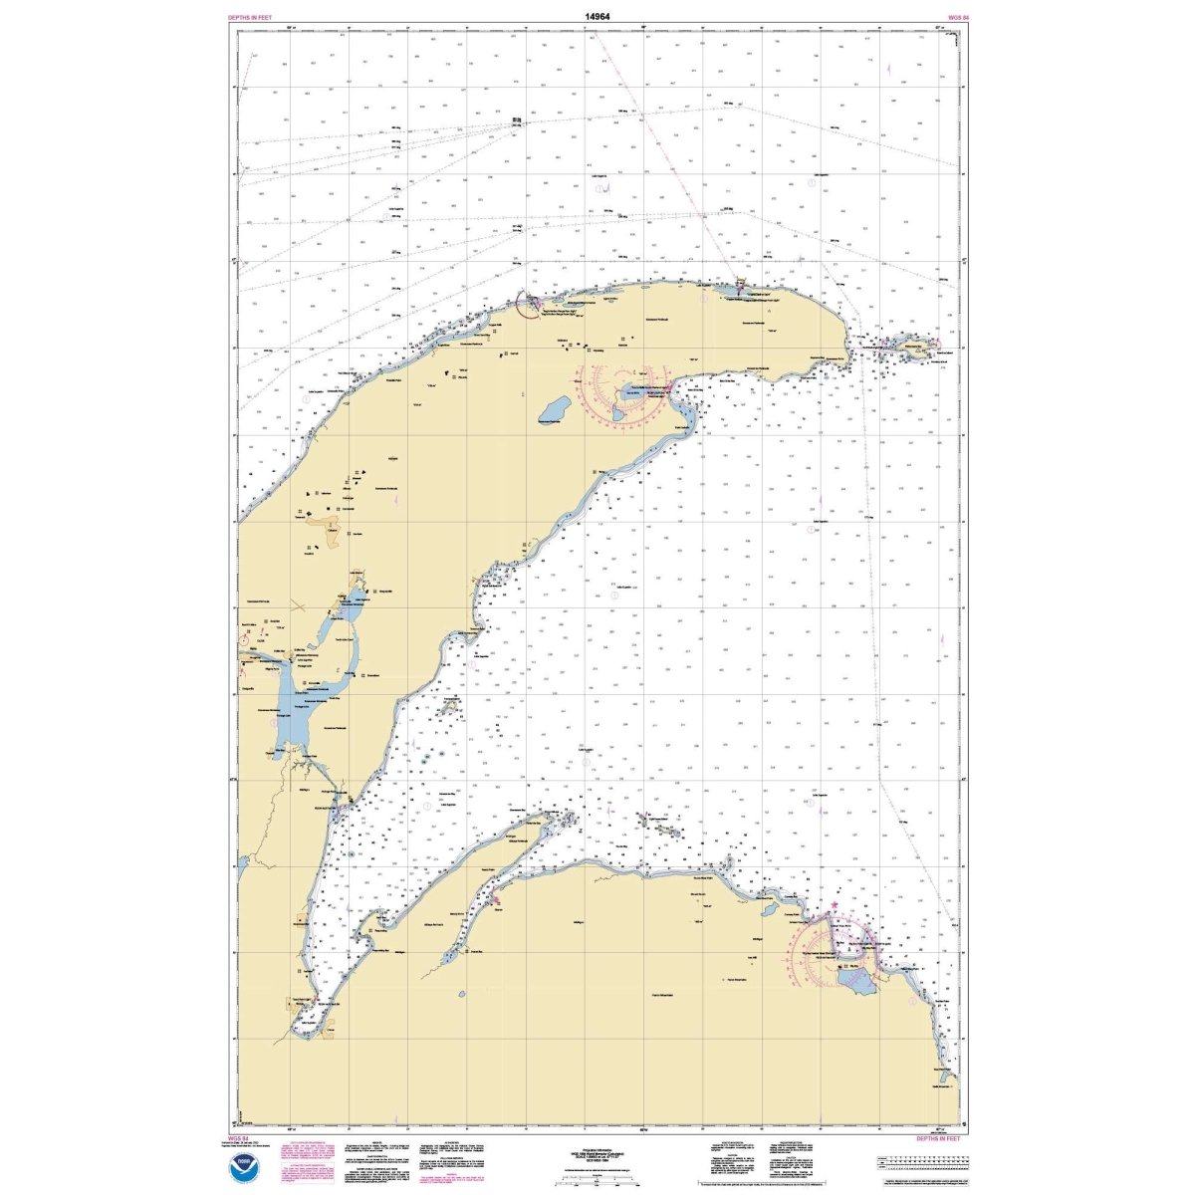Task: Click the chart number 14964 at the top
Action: coord(597,17)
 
